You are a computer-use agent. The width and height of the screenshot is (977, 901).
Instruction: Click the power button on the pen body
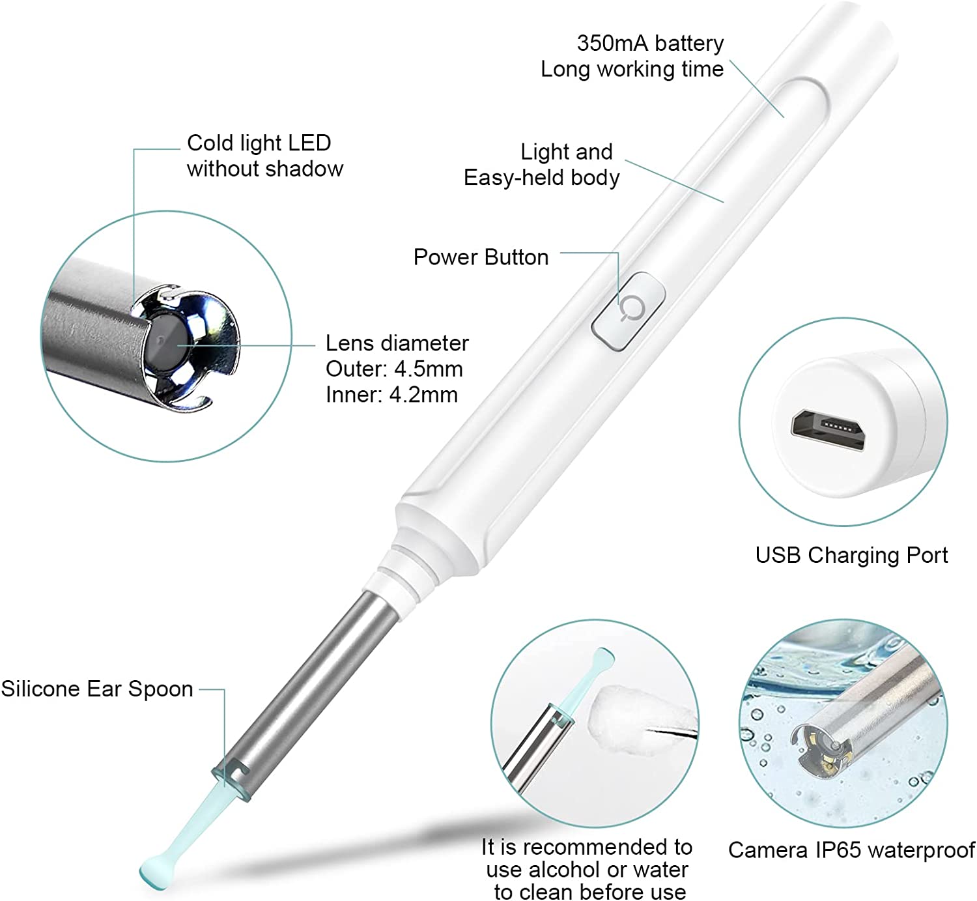[x=629, y=311]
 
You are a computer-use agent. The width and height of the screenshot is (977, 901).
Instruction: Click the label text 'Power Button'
[x=481, y=257]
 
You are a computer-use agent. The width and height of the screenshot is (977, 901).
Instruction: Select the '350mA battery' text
[x=650, y=43]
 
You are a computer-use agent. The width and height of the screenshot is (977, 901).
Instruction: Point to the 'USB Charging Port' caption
[x=851, y=555]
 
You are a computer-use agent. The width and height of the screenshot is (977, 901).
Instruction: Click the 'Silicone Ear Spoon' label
[x=97, y=689]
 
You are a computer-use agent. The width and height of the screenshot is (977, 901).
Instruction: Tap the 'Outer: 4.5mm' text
[x=394, y=369]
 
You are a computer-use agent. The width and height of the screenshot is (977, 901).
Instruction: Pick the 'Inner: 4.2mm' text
[x=391, y=395]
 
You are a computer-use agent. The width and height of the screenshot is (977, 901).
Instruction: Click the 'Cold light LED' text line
[x=259, y=143]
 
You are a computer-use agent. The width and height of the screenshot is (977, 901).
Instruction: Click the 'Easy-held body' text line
[x=542, y=178]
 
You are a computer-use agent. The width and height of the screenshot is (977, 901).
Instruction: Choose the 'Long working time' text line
[x=632, y=69]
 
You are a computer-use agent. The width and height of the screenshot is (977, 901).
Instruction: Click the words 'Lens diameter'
[x=397, y=343]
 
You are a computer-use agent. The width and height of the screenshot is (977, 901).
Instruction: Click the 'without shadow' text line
[x=264, y=169]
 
